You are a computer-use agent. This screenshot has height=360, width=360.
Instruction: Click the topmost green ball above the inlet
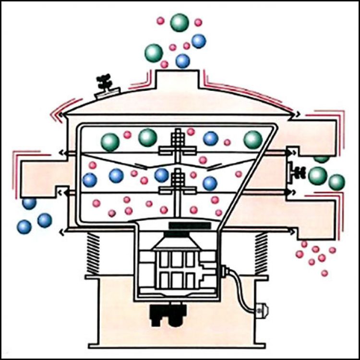pos(180,22)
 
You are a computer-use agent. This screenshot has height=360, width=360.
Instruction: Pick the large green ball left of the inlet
pos(154,52)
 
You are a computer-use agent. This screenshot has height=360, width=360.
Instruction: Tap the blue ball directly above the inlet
pos(182,60)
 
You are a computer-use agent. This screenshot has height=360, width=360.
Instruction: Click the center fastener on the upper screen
pos(177,144)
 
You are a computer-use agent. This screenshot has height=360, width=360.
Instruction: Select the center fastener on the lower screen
pos(177,182)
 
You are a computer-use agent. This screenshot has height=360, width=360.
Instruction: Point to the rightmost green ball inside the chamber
pos(252,140)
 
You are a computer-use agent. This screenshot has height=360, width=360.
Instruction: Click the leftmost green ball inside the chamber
pos(110,142)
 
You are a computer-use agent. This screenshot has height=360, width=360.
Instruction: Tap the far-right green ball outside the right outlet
pos(337,182)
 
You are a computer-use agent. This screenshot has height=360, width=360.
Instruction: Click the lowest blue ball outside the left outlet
pos(24,226)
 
